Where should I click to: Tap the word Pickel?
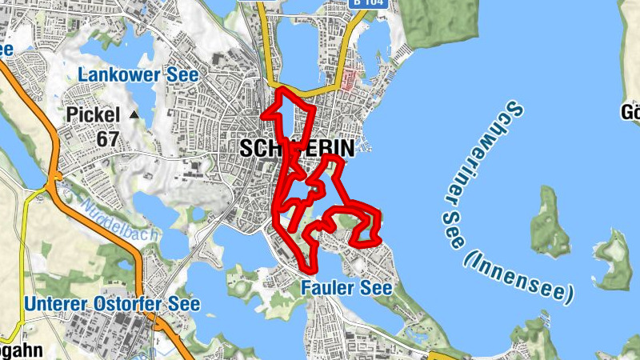pos(94,115)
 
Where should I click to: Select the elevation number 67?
pos(108,138)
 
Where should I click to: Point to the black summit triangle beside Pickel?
pos(134,115)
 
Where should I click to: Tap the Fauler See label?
pos(346,287)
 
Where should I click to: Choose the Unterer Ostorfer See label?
pos(112,305)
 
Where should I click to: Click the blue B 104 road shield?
pos(370,3)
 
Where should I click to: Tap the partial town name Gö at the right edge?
pos(630,112)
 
